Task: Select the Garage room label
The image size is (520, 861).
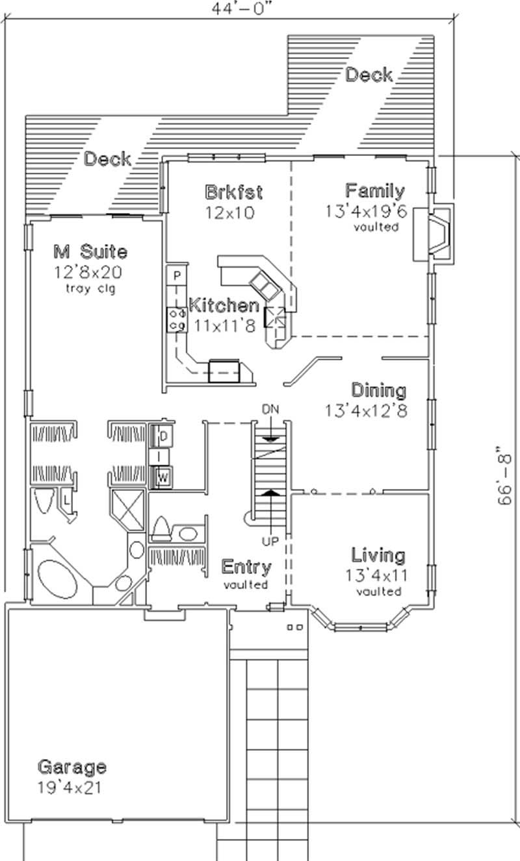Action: click(71, 767)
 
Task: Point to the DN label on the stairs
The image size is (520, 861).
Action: click(270, 409)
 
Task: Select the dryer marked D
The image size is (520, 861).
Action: click(164, 434)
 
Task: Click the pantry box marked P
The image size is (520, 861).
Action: click(176, 275)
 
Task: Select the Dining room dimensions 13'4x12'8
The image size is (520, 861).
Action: click(367, 410)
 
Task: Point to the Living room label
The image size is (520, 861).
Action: click(378, 555)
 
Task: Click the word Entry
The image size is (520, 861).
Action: click(246, 567)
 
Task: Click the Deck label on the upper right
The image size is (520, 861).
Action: click(369, 75)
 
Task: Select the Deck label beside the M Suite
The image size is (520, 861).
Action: click(108, 158)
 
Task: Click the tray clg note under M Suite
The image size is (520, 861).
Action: click(90, 289)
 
